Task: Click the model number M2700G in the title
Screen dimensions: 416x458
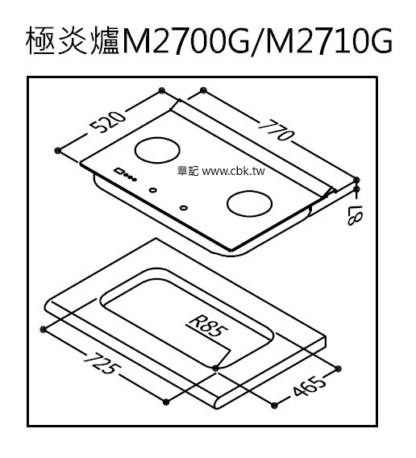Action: (185, 40)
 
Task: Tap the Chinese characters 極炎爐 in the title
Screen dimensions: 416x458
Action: (73, 40)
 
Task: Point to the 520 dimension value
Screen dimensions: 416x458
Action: (107, 122)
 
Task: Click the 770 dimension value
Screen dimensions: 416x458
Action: (276, 130)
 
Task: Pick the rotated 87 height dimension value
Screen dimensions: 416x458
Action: (355, 215)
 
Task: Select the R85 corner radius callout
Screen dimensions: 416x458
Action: (208, 327)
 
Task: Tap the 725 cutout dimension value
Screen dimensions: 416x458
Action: (102, 363)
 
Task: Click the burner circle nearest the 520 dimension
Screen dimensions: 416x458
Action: (157, 150)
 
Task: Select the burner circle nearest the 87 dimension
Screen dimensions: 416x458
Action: (249, 203)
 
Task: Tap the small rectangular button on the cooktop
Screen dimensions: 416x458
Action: (119, 171)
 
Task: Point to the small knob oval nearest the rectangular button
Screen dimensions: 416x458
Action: (153, 190)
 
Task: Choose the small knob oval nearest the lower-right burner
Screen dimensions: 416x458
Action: (183, 208)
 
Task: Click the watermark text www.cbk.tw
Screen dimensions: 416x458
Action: (233, 171)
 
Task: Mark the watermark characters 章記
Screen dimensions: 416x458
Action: (188, 171)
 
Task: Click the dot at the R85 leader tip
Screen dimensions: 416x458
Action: (215, 368)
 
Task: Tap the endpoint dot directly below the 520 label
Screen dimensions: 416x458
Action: (57, 151)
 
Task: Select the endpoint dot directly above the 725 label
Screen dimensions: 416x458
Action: (44, 329)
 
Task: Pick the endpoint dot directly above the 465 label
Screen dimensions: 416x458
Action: (338, 368)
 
